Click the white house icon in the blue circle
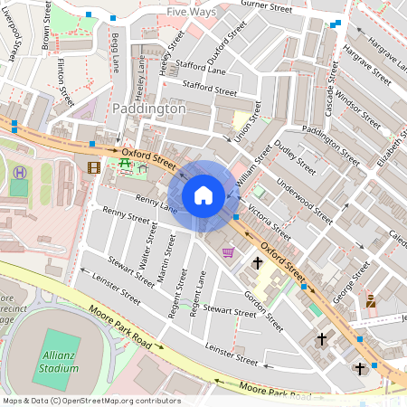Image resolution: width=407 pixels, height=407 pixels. tap(203, 194)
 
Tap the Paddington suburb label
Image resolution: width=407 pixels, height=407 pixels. tap(149, 109)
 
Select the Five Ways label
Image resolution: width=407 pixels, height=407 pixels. tap(191, 14)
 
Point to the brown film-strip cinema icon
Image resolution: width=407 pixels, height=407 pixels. tap(93, 166)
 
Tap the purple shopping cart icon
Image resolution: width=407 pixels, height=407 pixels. tap(228, 252)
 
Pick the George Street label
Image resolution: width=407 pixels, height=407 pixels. tap(352, 283)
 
